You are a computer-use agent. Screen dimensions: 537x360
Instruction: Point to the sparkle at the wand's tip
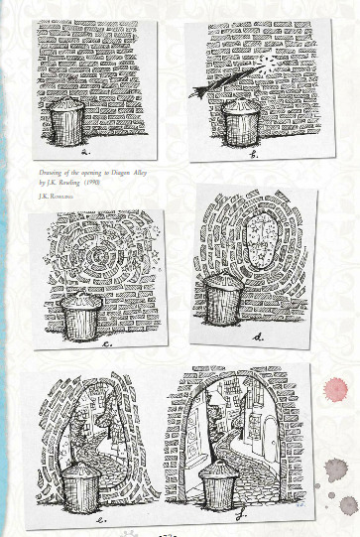(x=267, y=61)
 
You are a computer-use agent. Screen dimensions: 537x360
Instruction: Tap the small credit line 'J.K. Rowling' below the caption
(x=54, y=195)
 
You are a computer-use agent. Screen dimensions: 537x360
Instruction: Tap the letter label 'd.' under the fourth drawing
(x=258, y=337)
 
